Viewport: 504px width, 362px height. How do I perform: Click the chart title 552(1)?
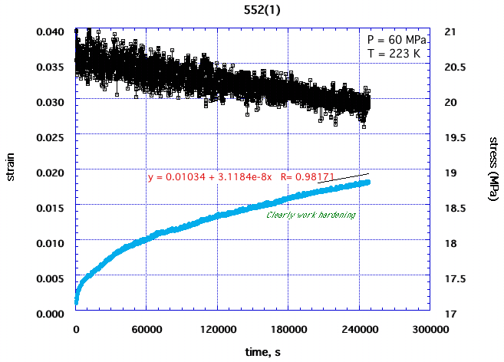[252, 10]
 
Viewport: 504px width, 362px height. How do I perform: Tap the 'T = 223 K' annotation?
[397, 53]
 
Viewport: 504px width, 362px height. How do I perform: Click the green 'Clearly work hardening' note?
[311, 216]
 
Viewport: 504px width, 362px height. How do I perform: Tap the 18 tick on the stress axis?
[451, 243]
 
